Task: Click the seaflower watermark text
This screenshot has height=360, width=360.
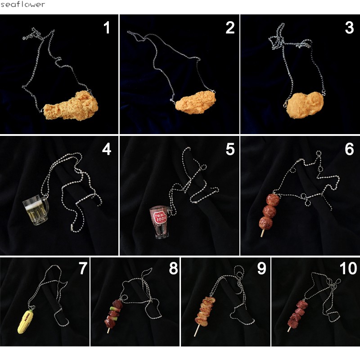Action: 22,4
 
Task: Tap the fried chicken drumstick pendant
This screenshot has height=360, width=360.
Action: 71,106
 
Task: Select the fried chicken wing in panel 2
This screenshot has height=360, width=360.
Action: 196,102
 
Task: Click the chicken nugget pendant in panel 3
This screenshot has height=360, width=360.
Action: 305,105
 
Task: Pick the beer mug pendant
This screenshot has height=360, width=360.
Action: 36,210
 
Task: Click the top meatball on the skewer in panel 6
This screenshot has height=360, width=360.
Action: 273,200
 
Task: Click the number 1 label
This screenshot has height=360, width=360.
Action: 107,28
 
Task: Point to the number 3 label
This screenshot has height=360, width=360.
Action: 349,28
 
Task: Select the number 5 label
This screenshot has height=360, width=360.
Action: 230,149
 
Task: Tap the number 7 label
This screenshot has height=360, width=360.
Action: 83,268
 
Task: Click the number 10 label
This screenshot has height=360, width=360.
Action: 348,268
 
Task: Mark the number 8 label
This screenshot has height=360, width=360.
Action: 174,268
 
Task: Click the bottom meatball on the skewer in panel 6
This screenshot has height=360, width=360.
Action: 266,223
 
